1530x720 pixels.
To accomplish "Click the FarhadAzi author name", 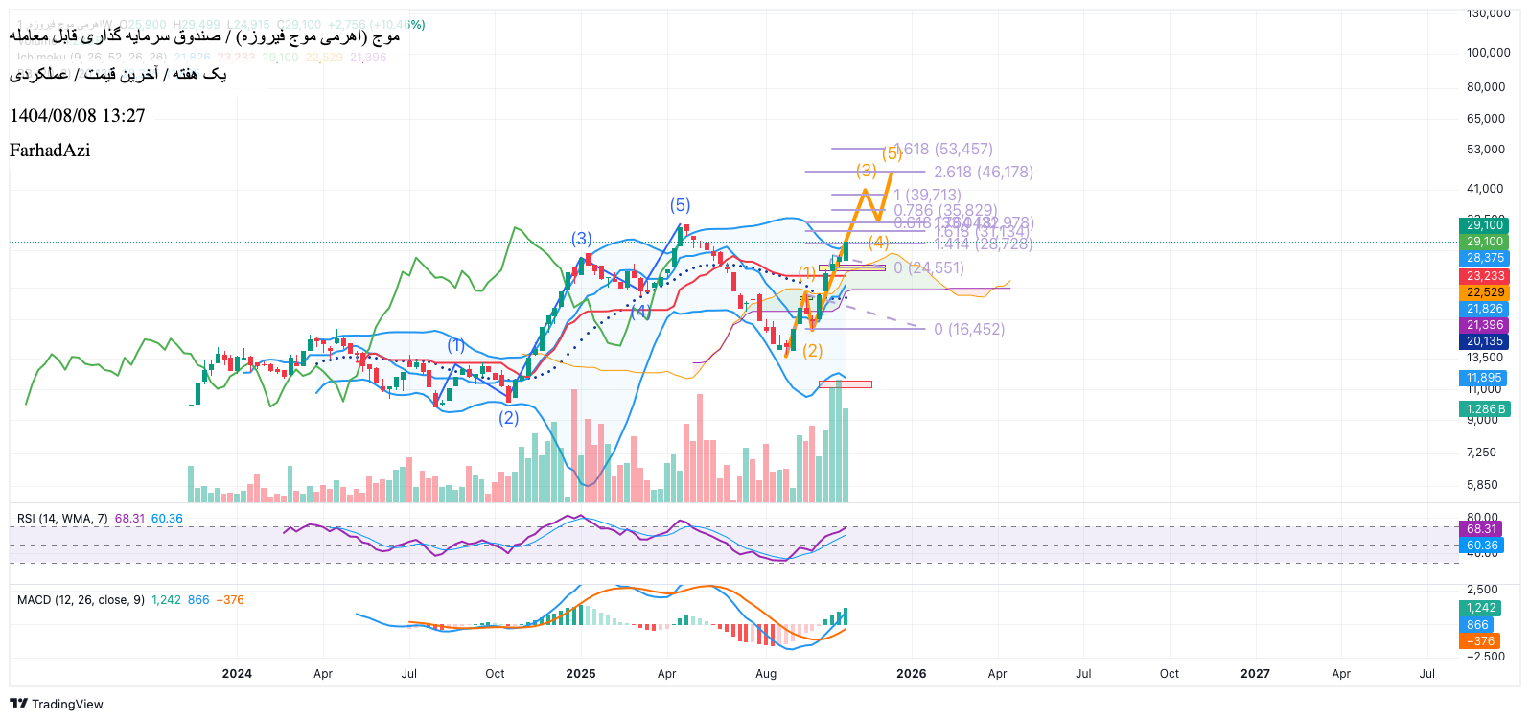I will click(x=50, y=151).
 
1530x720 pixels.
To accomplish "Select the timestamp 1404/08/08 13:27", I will click(x=78, y=116).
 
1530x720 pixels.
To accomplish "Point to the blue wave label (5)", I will click(x=680, y=205).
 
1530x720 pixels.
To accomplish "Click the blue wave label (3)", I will click(x=582, y=239).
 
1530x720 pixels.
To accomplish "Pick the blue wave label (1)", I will click(x=456, y=345).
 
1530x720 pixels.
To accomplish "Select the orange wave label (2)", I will click(x=812, y=351).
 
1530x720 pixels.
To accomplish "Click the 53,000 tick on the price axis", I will click(x=1485, y=150).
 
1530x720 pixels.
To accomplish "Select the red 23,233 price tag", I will click(x=1485, y=276).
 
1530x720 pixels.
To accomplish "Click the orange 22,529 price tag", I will click(x=1485, y=292).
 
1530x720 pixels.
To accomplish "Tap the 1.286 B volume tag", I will click(x=1485, y=409).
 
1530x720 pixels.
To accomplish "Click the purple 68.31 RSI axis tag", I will click(x=1481, y=529).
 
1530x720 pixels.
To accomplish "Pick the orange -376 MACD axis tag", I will click(x=1482, y=641).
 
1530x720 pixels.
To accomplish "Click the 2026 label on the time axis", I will click(x=911, y=674).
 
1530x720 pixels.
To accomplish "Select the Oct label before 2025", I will click(x=495, y=674).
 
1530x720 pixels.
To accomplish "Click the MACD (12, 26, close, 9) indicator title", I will click(x=81, y=600).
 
